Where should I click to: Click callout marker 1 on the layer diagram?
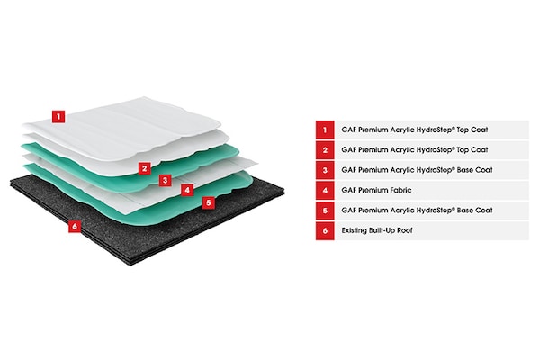pos(58,115)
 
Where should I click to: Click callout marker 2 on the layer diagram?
pos(143,167)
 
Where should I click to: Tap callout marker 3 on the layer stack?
pos(165,179)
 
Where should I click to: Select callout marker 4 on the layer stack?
pos(186,190)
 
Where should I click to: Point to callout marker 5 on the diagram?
pos(208,202)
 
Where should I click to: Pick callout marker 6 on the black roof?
pos(75,226)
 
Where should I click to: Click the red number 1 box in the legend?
pos(324,129)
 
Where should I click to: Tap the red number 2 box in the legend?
pos(324,149)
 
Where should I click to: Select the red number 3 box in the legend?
pos(324,169)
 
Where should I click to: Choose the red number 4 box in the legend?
pos(324,190)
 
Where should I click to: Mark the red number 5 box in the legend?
pos(324,210)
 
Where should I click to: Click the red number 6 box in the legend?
pos(324,230)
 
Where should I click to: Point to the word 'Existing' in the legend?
pos(355,230)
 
